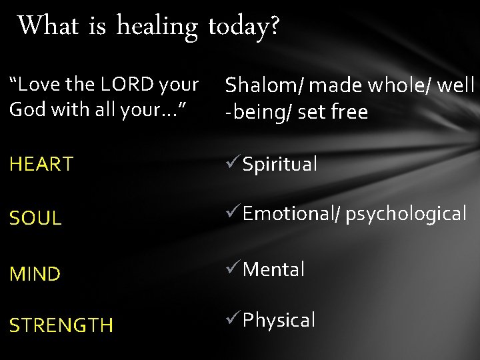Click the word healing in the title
coord(157,27)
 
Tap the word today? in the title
coord(244,27)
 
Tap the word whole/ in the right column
coord(411,85)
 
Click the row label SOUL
coord(35,218)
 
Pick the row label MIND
coord(35,273)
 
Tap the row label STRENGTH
coord(61,325)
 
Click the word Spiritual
coord(280,165)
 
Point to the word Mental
coord(274,269)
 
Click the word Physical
coord(279,321)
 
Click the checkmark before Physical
coord(233,319)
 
